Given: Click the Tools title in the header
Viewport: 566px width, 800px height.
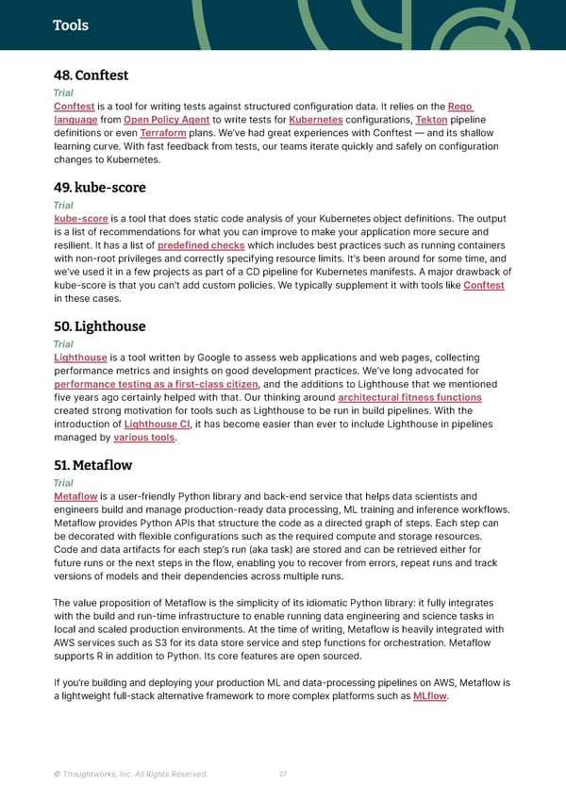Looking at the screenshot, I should pos(71,25).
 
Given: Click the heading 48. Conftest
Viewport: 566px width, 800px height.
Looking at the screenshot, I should pos(91,75).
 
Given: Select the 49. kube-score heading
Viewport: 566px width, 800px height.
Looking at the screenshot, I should pos(99,187).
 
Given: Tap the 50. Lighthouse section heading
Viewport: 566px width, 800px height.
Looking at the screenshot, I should pos(101,326).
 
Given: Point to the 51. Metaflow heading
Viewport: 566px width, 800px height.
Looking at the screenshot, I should pos(92,465).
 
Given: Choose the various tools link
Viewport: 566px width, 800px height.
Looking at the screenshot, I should pos(144,438).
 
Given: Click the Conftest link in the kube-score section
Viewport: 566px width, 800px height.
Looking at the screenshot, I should pos(483,285).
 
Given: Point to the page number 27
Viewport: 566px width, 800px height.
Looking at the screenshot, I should pos(283,775).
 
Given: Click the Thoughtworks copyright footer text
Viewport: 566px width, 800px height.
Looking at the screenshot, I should pos(131,775).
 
